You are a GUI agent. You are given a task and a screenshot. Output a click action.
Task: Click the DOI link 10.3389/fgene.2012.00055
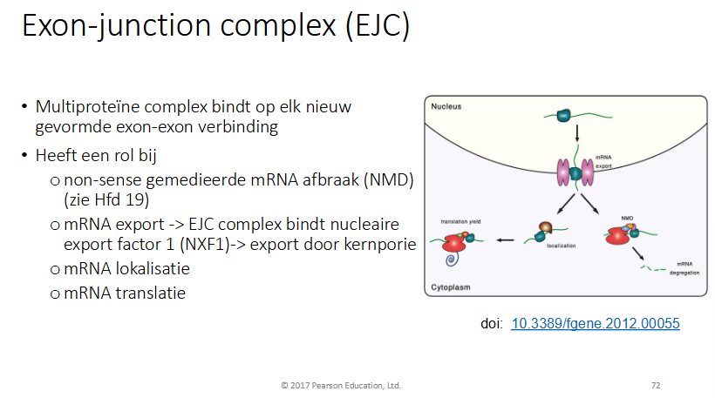click(x=596, y=323)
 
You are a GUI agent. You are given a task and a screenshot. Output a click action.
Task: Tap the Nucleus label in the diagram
click(x=446, y=105)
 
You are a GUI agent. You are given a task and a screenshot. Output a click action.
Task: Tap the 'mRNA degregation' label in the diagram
click(x=690, y=266)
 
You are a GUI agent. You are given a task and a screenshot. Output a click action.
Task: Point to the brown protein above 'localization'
click(x=546, y=229)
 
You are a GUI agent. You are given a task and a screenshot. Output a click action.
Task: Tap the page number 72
click(x=656, y=384)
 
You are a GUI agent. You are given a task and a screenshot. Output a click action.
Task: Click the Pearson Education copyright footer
click(x=340, y=384)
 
